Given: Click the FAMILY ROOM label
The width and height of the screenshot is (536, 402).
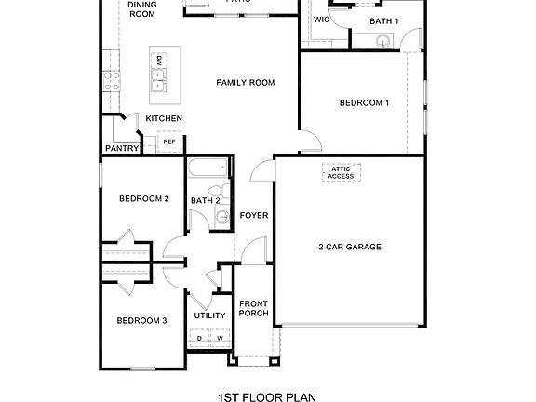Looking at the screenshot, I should [246, 83].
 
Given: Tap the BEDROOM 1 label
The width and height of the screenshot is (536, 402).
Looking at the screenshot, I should [364, 102].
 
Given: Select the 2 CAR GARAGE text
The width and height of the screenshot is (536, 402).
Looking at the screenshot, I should [350, 247].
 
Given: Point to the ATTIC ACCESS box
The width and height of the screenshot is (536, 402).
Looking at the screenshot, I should [341, 172].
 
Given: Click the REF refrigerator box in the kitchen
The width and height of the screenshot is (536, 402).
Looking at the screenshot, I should [168, 141].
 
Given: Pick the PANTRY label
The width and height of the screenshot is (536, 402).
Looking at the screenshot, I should [122, 148].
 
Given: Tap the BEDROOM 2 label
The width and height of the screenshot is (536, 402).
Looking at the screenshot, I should [143, 198].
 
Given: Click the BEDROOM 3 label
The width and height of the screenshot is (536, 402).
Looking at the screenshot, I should [141, 321].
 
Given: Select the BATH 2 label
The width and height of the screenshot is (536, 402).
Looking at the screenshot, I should [205, 200].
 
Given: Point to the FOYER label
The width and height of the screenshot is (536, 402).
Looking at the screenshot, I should [254, 216].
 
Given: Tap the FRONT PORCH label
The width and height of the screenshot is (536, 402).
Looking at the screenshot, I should [254, 309].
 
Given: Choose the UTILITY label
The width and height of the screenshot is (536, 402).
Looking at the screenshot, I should [209, 315].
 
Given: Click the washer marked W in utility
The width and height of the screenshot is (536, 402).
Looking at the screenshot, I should [220, 338].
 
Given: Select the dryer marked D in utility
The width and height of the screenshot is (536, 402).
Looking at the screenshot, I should [199, 338].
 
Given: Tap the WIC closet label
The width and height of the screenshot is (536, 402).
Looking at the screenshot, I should [322, 20].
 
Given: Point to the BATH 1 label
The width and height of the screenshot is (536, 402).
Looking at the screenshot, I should [383, 20].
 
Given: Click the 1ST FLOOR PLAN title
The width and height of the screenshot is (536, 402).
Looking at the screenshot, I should [267, 396].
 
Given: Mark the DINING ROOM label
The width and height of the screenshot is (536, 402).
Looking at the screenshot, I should [141, 9].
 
